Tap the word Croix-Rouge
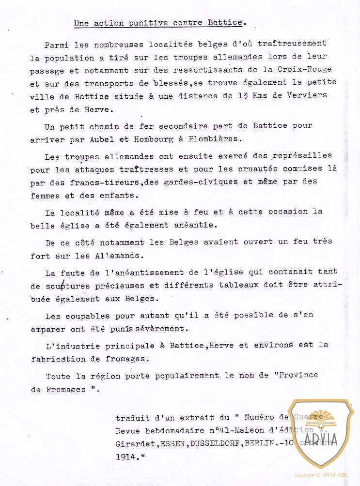click(x=305, y=69)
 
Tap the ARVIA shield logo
click(x=321, y=433)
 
